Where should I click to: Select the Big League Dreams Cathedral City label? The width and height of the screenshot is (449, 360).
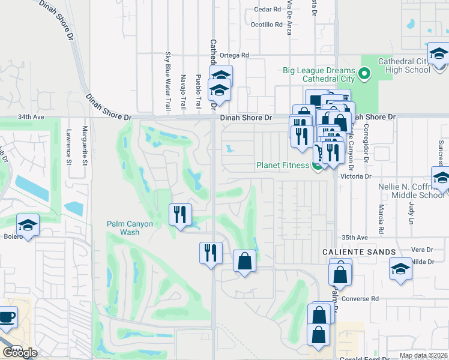(319, 74)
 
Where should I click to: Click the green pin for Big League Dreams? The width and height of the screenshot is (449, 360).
(364, 75)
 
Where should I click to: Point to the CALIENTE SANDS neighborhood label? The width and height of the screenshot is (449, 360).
(358, 252)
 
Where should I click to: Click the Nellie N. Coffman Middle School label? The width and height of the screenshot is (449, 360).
(411, 191)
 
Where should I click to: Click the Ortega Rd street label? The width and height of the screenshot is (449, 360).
(234, 55)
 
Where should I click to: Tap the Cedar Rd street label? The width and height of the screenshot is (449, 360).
(267, 10)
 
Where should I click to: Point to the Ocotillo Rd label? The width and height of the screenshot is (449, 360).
(266, 25)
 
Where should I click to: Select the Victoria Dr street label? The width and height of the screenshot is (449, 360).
(356, 176)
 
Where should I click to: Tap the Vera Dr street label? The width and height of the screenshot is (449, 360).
(422, 250)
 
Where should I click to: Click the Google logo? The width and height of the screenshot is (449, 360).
(20, 352)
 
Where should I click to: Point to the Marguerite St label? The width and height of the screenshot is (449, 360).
(85, 154)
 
